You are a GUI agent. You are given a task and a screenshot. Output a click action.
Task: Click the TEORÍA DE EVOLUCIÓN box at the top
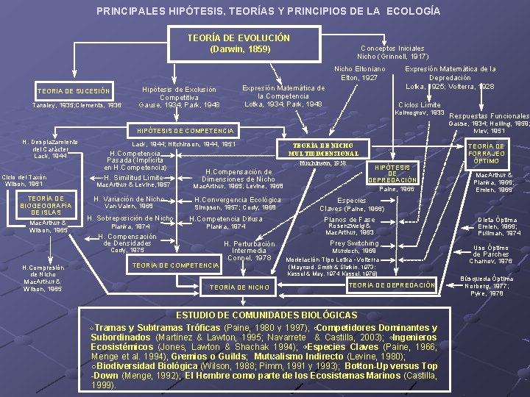click(239, 43)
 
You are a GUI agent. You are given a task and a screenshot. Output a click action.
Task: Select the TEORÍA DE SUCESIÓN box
click(74, 92)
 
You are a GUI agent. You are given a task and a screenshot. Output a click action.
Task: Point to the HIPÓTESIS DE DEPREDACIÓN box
click(392, 174)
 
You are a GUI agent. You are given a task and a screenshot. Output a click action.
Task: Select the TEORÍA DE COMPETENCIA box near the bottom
click(174, 265)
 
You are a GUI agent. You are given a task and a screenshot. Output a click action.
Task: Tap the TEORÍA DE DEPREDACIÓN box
click(392, 285)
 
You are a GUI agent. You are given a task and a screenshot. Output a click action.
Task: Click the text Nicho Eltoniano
click(360, 68)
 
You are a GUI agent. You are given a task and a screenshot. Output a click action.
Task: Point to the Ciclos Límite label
click(419, 104)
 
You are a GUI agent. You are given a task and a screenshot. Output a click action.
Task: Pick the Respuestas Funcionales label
click(489, 116)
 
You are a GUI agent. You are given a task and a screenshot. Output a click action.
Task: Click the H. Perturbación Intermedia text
click(250, 248)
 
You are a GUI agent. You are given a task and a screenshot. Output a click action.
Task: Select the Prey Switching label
click(354, 243)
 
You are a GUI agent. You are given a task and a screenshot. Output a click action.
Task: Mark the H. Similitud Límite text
click(133, 178)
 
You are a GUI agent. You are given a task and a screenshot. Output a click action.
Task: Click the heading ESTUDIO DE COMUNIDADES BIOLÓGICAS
click(266, 315)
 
